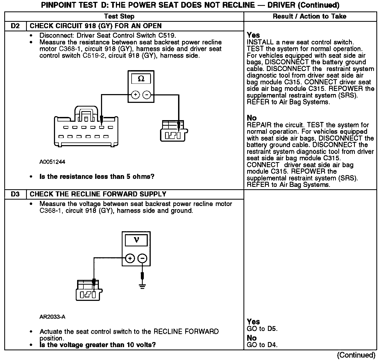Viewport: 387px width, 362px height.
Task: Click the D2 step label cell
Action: point(15,26)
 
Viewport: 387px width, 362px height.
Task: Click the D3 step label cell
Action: point(15,194)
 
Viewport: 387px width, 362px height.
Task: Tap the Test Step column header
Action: point(119,16)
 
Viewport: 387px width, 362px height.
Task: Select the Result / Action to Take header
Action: point(310,16)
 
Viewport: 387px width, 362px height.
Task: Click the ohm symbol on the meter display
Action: point(141,79)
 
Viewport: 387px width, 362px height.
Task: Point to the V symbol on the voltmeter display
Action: point(136,241)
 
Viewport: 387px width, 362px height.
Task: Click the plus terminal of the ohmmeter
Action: point(136,95)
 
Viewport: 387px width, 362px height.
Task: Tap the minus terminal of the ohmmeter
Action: point(147,95)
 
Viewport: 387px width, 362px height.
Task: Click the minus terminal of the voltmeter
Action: point(143,258)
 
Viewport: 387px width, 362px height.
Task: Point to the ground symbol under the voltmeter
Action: point(142,286)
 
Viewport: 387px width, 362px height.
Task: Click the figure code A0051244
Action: point(52,162)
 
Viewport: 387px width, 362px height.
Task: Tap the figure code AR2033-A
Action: point(52,317)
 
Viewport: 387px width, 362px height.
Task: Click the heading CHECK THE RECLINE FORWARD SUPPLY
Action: point(98,194)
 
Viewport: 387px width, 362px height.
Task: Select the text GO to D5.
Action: point(262,329)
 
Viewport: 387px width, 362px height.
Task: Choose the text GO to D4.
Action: point(262,345)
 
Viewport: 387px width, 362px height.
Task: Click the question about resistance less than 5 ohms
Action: point(97,177)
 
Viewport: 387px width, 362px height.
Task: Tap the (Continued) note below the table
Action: point(356,355)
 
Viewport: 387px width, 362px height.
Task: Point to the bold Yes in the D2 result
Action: point(253,35)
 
